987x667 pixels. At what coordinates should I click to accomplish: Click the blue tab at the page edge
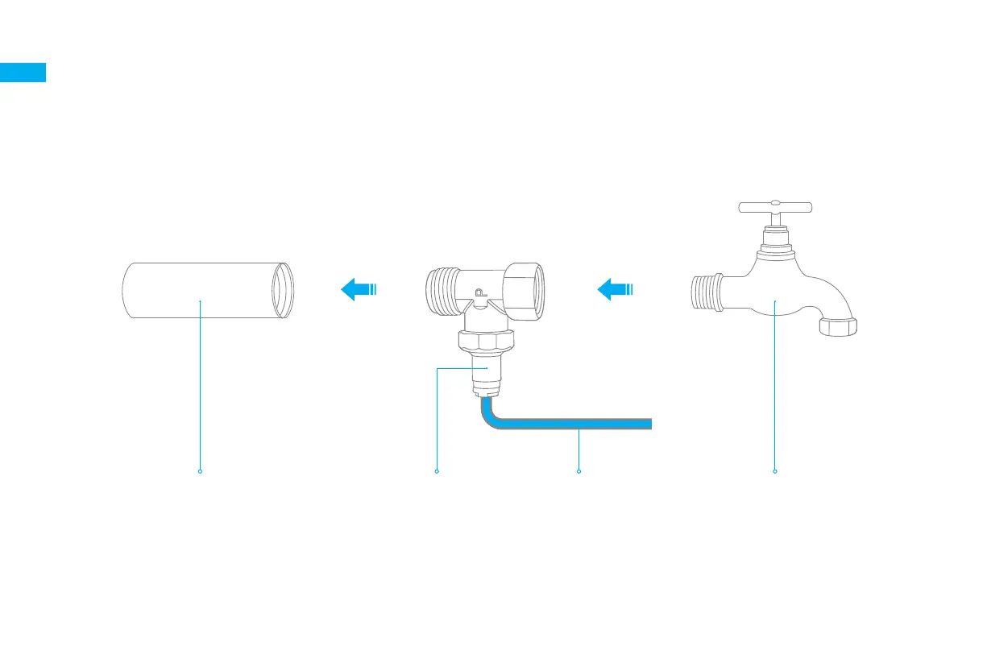[x=23, y=72]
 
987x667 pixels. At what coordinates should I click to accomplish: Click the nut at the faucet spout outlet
[x=837, y=325]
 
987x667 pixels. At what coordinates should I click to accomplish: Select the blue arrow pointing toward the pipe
[x=359, y=288]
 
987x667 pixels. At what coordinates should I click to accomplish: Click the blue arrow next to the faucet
[x=616, y=288]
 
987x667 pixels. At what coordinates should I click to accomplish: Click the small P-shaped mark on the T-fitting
[x=480, y=294]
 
